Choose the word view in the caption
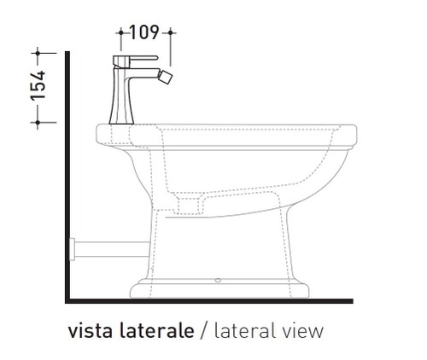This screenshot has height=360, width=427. [305, 331]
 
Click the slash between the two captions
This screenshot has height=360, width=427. [204, 331]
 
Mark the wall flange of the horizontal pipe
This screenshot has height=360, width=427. [73, 249]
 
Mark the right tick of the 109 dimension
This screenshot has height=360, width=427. [171, 32]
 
